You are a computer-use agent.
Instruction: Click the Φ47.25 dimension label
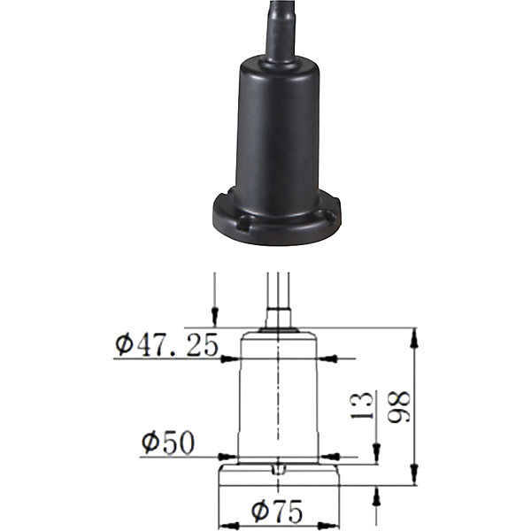(x=166, y=345)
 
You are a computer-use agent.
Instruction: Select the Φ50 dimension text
(x=168, y=442)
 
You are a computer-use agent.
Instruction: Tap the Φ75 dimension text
(x=277, y=512)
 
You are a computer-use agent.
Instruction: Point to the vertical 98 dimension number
(x=399, y=407)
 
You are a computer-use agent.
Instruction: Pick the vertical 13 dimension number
(x=362, y=405)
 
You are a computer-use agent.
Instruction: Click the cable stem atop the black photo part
(x=281, y=31)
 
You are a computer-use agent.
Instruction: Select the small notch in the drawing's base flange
(x=280, y=470)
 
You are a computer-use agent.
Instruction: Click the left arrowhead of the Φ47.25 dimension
(x=229, y=359)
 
